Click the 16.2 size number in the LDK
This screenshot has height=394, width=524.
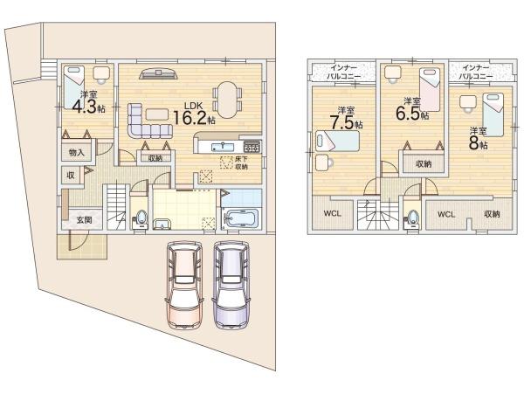[x=190, y=118]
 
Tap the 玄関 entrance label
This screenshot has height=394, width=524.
[x=84, y=219]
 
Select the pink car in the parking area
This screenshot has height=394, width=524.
[x=185, y=285]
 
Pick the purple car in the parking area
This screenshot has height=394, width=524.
[x=231, y=285]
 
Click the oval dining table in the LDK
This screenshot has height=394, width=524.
[x=227, y=100]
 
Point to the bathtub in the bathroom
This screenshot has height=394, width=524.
[x=241, y=218]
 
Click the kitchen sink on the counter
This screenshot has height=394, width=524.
[x=222, y=147]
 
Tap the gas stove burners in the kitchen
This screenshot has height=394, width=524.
[x=252, y=147]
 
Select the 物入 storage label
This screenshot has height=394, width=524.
[x=77, y=153]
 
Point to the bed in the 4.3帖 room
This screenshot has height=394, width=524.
[x=74, y=87]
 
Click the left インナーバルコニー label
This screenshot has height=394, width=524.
[x=343, y=72]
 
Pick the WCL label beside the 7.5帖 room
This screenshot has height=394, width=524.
[x=333, y=213]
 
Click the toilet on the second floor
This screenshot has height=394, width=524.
[x=413, y=218]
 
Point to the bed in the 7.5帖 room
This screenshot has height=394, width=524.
[x=337, y=141]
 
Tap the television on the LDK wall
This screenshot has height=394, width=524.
[x=158, y=74]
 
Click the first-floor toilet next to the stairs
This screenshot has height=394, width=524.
[x=141, y=219]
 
